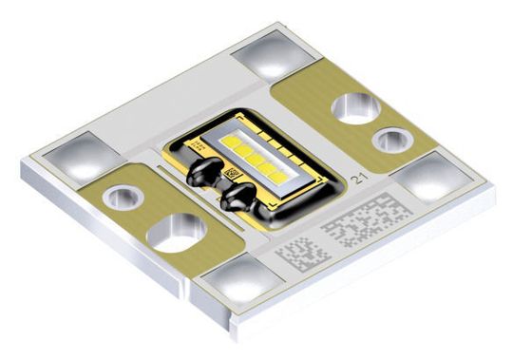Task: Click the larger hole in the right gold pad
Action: [x=353, y=106]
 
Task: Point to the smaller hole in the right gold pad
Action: [x=389, y=141]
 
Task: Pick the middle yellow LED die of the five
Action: [x=250, y=157]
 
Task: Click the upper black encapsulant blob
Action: [x=202, y=169]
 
